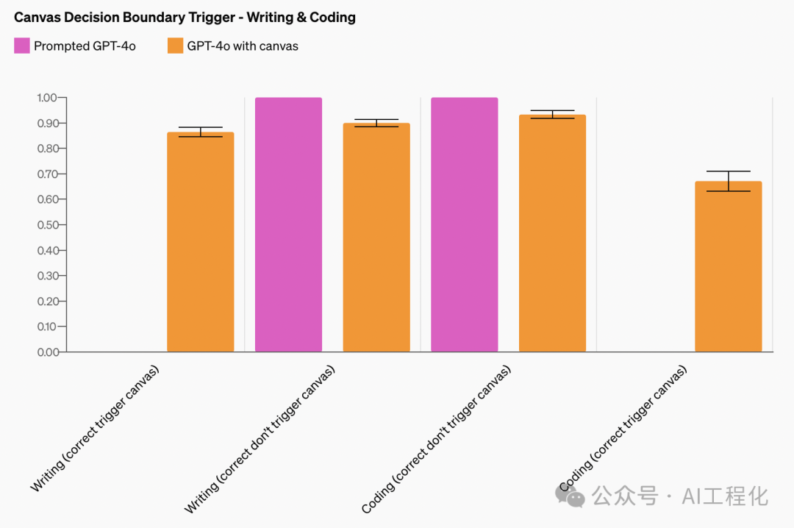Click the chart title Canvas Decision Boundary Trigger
pos(185,17)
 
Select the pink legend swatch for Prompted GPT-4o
pos(22,46)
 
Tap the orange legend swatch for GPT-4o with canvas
pos(175,46)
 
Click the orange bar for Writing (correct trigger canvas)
pos(200,243)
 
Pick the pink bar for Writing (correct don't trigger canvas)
pos(288,224)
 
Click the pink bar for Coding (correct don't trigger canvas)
pos(464,224)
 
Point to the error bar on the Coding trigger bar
pos(728,181)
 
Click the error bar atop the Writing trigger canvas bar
pos(200,132)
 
